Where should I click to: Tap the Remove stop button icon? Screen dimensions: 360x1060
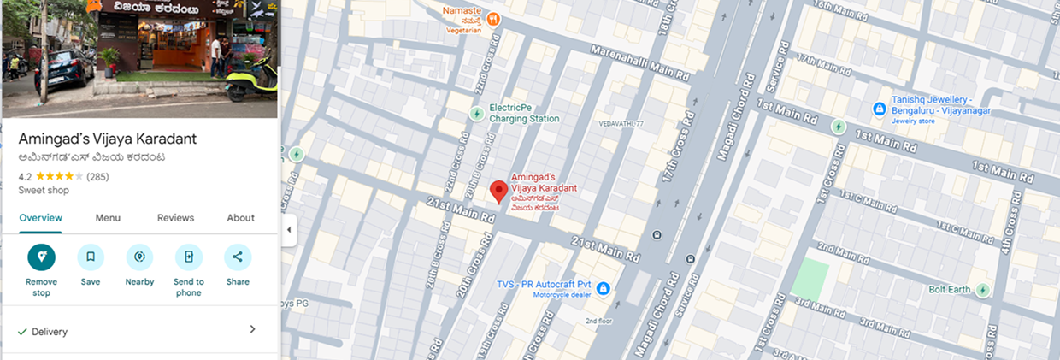pyautogui.click(x=41, y=257)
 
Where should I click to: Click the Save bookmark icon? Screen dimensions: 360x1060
pyautogui.click(x=91, y=257)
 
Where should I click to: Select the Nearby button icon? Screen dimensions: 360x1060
pyautogui.click(x=139, y=257)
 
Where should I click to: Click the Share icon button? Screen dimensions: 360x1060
pyautogui.click(x=238, y=257)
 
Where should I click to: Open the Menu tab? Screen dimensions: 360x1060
pyautogui.click(x=108, y=218)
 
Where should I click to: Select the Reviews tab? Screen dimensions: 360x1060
pyautogui.click(x=175, y=218)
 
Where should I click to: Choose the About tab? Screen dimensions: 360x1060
pyautogui.click(x=240, y=218)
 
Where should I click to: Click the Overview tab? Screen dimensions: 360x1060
pyautogui.click(x=41, y=218)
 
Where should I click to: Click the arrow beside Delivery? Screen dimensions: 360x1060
pyautogui.click(x=252, y=330)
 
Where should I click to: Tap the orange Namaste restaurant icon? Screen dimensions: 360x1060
pyautogui.click(x=493, y=18)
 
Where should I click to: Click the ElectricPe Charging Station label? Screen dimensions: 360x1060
pyautogui.click(x=523, y=114)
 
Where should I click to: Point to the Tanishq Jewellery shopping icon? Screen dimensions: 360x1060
pyautogui.click(x=879, y=109)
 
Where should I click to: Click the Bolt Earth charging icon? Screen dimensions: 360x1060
pyautogui.click(x=983, y=290)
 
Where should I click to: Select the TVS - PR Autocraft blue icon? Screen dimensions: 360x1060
pyautogui.click(x=604, y=289)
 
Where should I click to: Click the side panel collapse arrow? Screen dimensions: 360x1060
pyautogui.click(x=288, y=230)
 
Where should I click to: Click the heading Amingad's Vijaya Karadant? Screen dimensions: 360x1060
pyautogui.click(x=108, y=139)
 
